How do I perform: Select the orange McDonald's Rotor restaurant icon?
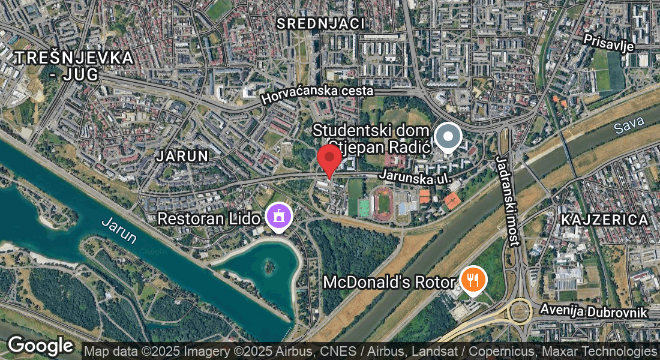pos(473,279)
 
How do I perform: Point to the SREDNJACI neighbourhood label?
pos(321,23)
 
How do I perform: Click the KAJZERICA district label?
pos(605,220)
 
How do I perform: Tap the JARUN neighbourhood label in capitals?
pos(182,156)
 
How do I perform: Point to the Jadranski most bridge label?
pos(506,200)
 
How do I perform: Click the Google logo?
pos(40,345)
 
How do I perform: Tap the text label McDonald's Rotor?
pos(389,281)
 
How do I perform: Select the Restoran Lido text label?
pos(209,218)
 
